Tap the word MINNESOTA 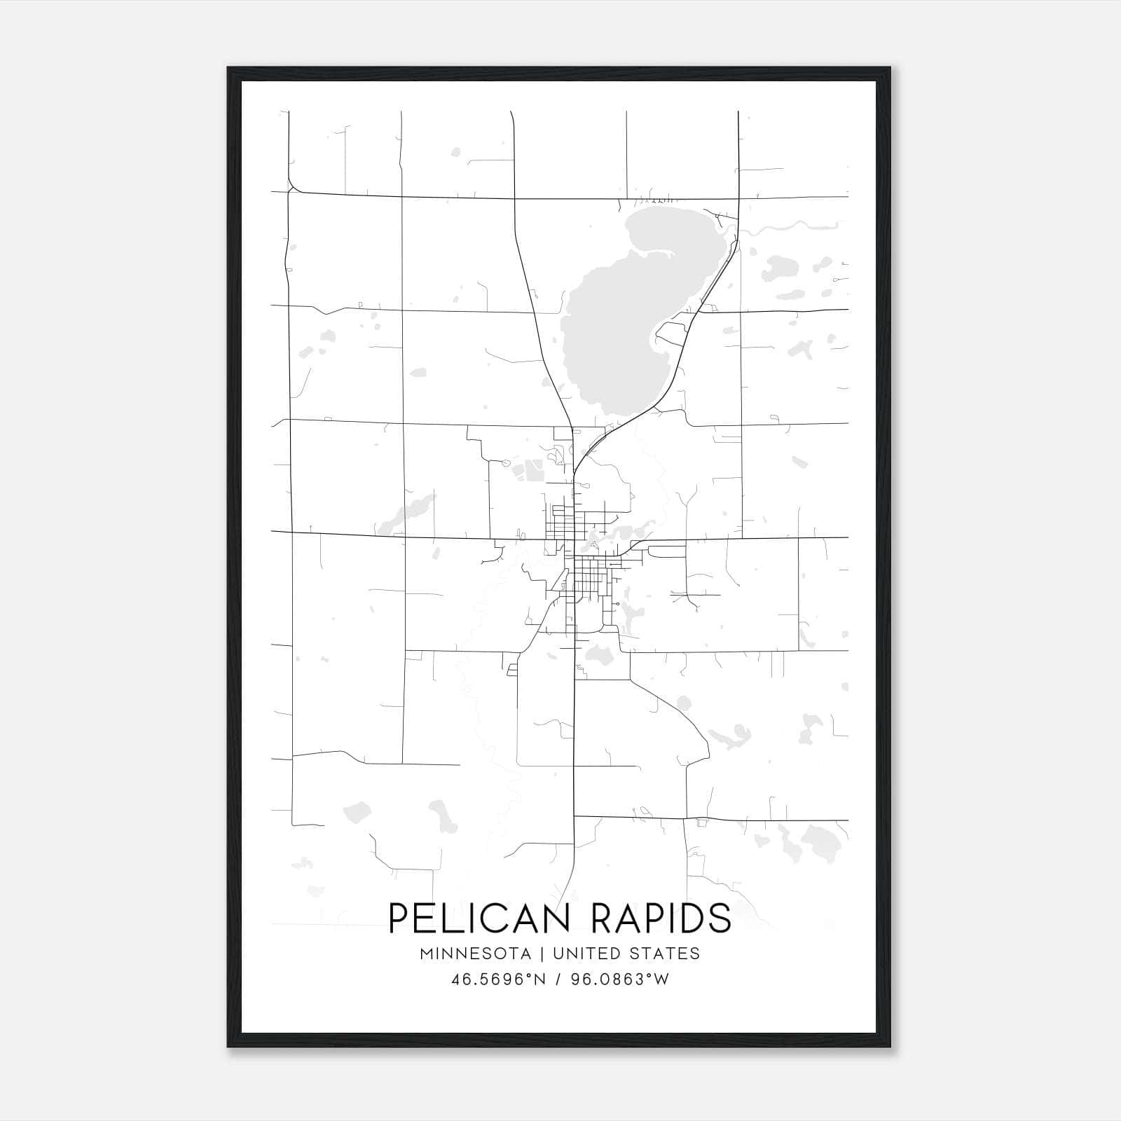click(475, 954)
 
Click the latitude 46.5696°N click(499, 979)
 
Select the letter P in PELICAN click(398, 919)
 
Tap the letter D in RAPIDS click(696, 919)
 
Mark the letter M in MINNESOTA click(427, 954)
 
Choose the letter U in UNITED click(558, 954)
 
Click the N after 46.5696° click(540, 979)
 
